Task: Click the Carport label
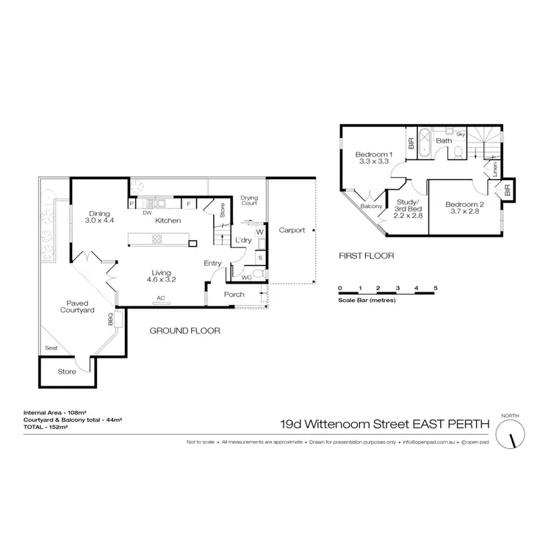coord(292,230)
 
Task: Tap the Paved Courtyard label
coord(78,306)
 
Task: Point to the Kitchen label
coord(168,220)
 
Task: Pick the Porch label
coord(234,295)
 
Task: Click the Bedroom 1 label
coord(375,158)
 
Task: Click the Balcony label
coord(372,207)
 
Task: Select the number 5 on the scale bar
coord(436,287)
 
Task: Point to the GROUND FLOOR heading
coord(184,331)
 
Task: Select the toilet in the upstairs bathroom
coord(458,151)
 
